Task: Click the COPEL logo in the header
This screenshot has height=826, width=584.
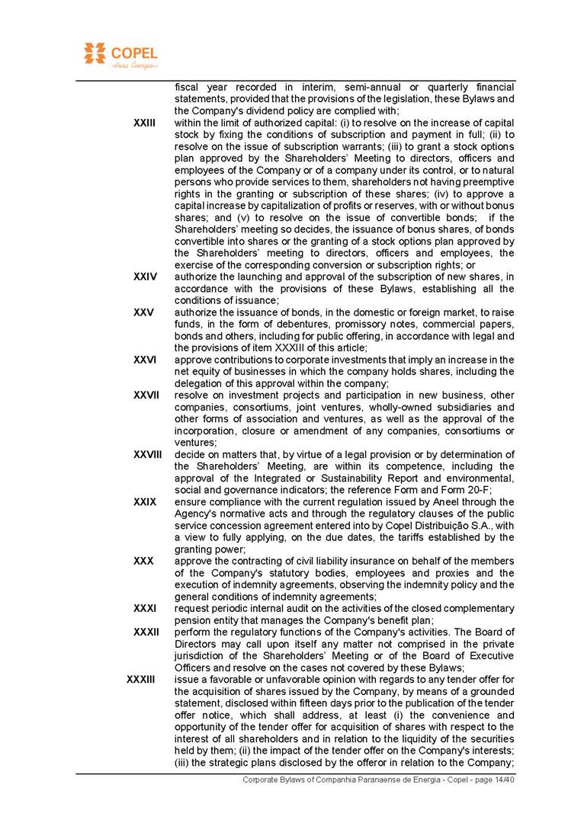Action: [120, 56]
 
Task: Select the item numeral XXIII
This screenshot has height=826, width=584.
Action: [144, 123]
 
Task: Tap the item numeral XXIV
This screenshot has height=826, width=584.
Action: [145, 277]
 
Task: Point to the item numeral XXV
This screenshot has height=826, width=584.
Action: [143, 312]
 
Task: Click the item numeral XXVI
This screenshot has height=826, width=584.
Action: [145, 360]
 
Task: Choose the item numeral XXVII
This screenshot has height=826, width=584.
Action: [146, 395]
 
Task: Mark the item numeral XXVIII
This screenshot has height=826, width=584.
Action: [148, 454]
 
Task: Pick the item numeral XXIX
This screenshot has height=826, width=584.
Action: [144, 502]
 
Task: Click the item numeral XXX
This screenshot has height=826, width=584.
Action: [143, 561]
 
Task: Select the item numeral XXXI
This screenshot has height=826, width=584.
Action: [144, 608]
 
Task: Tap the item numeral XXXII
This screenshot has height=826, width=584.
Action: [146, 632]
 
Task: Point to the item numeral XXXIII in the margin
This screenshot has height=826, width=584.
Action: [141, 679]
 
